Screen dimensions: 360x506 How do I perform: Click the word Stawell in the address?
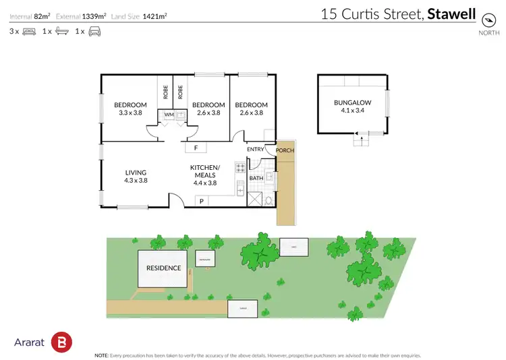[x=453, y=13]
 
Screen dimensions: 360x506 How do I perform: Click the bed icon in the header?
[x=29, y=31]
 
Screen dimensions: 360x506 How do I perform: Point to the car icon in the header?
[x=94, y=31]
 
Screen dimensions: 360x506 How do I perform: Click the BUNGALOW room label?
[x=353, y=103]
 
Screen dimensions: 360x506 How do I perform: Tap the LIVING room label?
[x=136, y=173]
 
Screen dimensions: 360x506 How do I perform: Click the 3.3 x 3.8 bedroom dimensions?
[x=130, y=113]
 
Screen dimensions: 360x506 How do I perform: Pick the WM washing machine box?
[x=169, y=115]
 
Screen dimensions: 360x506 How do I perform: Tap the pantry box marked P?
[x=201, y=201]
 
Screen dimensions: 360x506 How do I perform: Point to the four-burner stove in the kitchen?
[x=240, y=167]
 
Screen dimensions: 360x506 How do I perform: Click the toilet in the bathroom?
[x=269, y=199]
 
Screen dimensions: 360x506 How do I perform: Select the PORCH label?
[x=285, y=150]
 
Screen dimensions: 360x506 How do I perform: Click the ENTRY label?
[x=256, y=150]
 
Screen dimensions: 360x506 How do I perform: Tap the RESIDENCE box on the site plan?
[x=164, y=268]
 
